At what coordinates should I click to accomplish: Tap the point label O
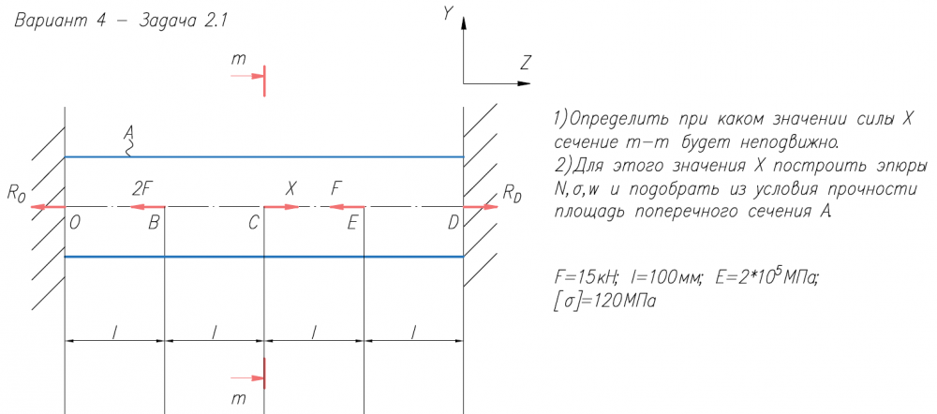(74, 223)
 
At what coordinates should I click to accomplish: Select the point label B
(154, 223)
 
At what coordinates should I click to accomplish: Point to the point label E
(352, 223)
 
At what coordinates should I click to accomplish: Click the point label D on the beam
(454, 223)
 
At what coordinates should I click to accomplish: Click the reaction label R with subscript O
(15, 194)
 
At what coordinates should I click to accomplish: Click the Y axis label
(448, 14)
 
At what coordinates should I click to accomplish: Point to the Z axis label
(526, 63)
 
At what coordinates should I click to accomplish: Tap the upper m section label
(239, 59)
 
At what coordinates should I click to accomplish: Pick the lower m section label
(239, 398)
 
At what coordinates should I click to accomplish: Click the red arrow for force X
(282, 206)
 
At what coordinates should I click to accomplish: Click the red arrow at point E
(345, 206)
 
